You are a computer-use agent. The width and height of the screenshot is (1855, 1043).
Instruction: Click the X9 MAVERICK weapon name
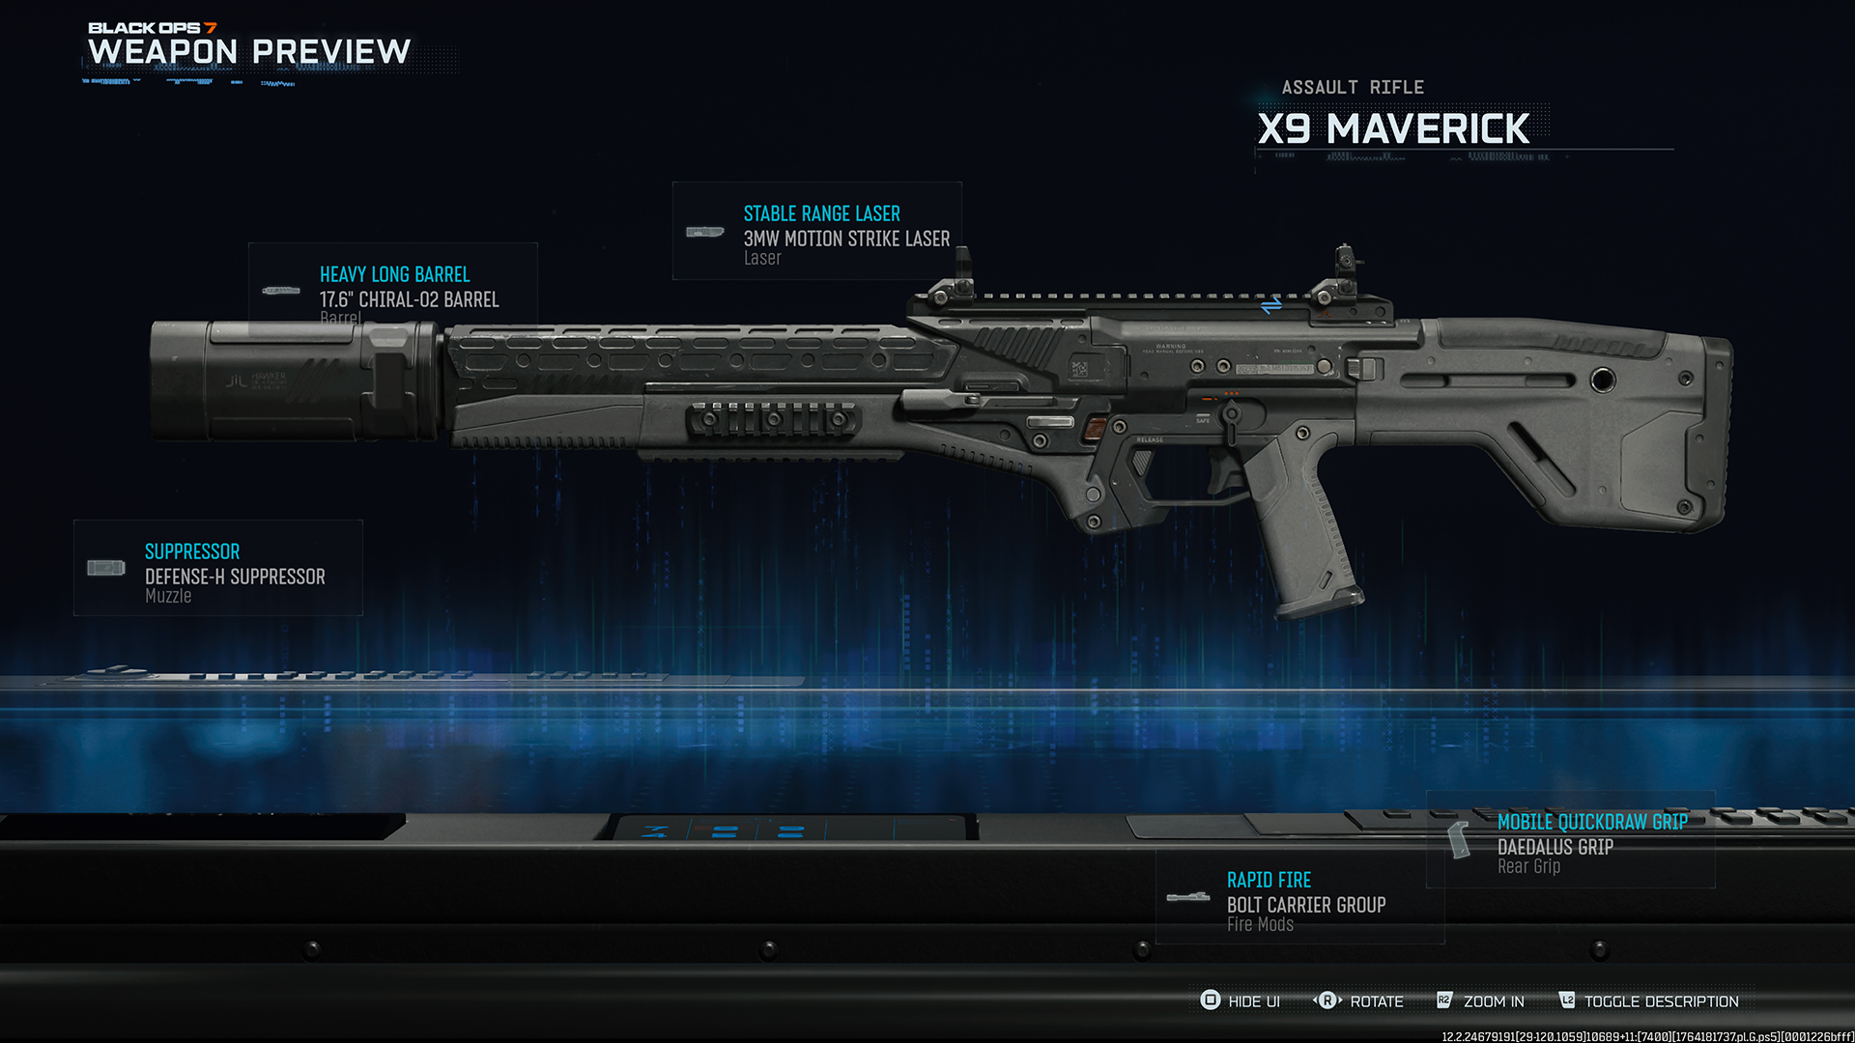(1393, 129)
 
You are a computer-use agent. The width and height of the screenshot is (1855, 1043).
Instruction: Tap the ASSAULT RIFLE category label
(1353, 88)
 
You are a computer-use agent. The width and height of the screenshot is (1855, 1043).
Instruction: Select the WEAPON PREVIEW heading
(249, 51)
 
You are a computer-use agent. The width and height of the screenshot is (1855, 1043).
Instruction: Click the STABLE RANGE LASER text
(821, 213)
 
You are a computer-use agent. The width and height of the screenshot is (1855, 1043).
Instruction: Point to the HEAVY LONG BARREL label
(394, 274)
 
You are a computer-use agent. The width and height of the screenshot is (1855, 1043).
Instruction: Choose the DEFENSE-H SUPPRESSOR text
(235, 577)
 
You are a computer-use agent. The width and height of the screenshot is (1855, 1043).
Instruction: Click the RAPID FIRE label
(1269, 880)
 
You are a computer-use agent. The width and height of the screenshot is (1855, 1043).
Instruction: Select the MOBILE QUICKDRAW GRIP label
(1592, 822)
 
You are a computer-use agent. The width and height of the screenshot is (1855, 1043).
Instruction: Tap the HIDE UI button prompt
(1241, 1001)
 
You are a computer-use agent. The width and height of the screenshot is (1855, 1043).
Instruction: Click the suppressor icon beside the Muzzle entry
(106, 568)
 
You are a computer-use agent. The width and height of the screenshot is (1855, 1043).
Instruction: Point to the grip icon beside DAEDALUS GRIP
(1459, 839)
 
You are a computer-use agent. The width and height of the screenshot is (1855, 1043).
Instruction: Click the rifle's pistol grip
(1304, 531)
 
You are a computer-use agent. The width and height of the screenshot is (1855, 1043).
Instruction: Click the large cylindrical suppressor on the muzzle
(290, 381)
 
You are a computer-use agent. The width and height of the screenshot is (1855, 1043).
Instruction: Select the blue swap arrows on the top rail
(1271, 306)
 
